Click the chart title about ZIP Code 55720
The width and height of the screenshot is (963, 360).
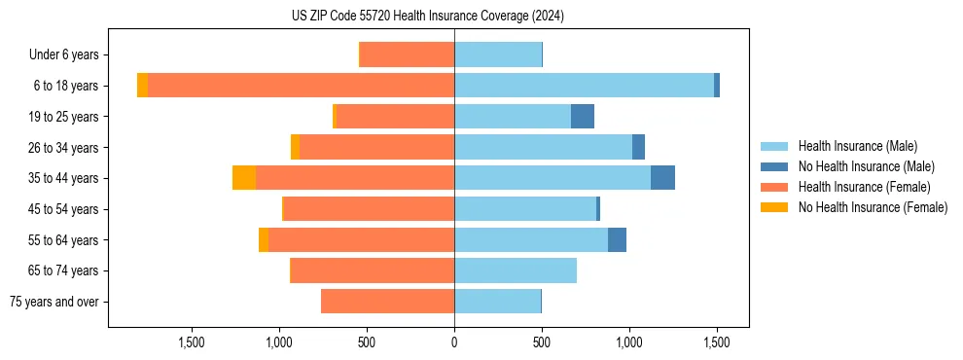pos(427,16)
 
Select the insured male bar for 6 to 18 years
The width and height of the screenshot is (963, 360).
pos(584,86)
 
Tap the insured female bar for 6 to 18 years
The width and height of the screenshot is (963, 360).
pos(301,86)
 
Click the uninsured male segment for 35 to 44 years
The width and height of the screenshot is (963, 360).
pos(662,178)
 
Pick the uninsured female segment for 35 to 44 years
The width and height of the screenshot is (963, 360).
pos(244,178)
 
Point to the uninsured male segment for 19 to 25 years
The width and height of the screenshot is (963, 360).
pos(583,117)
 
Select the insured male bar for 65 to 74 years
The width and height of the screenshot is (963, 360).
pos(516,270)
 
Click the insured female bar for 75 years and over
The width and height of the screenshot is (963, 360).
pos(387,302)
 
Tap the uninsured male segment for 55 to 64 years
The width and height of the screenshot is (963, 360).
pos(617,239)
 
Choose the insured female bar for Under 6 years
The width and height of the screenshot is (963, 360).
pos(407,54)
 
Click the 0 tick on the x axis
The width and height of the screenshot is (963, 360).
pos(454,342)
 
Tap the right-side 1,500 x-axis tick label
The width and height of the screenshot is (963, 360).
pos(717,342)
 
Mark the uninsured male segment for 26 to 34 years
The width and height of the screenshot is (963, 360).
pos(638,147)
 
